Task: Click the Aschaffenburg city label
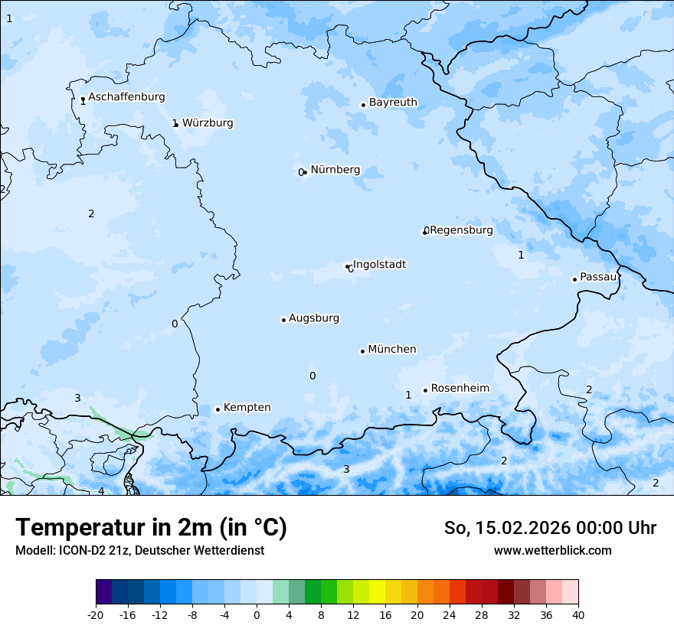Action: click(126, 97)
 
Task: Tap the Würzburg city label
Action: click(208, 123)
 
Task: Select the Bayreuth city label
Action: click(393, 103)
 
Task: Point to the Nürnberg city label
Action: click(335, 170)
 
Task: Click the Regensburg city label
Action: click(461, 230)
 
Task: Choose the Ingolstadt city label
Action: click(379, 265)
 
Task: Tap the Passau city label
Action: click(597, 277)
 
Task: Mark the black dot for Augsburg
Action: click(283, 320)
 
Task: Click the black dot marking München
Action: click(362, 351)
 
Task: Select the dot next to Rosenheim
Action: click(425, 390)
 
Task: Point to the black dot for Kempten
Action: click(218, 409)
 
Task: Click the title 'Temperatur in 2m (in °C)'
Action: click(151, 528)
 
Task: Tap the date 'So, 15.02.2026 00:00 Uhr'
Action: click(550, 528)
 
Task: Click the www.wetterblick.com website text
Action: click(552, 550)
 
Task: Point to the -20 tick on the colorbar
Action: click(96, 614)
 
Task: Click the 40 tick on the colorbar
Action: click(578, 614)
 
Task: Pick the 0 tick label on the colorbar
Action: click(257, 614)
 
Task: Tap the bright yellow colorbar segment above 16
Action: click(377, 592)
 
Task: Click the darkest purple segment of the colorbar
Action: click(103, 592)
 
